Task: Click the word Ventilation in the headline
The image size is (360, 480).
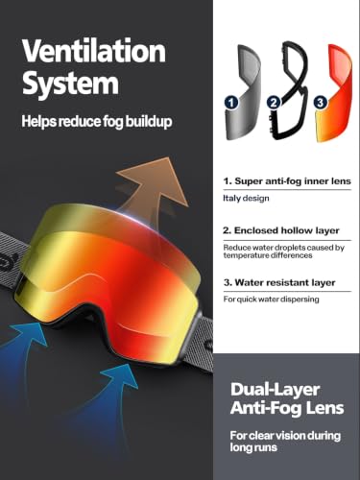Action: tap(94, 50)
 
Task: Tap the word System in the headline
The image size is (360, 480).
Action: tap(70, 83)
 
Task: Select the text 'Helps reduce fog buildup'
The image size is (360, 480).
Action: tap(97, 122)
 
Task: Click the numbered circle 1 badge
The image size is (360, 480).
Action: tap(231, 103)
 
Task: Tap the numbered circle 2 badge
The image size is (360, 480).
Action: tap(274, 103)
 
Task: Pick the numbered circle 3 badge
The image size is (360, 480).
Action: tap(321, 103)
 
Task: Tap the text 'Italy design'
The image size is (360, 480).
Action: tap(246, 199)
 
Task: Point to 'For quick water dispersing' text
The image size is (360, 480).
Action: tap(271, 300)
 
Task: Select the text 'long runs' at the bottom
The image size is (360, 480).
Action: tap(253, 447)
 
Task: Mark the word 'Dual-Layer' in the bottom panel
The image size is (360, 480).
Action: tap(275, 389)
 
